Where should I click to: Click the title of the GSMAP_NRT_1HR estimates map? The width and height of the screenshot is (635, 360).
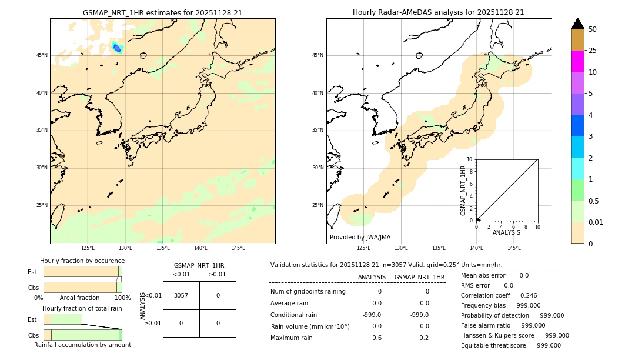(x=162, y=12)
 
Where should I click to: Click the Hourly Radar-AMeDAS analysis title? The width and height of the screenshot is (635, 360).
(x=438, y=12)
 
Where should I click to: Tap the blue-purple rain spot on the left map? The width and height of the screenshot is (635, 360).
(x=117, y=48)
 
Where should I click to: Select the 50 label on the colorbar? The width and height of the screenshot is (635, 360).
(x=593, y=29)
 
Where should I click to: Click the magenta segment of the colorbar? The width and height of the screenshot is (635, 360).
(x=577, y=61)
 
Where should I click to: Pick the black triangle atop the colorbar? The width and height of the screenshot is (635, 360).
(x=577, y=24)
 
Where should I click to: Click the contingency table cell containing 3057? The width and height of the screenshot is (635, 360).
(x=181, y=295)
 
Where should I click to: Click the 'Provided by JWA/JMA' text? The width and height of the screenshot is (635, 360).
(x=360, y=238)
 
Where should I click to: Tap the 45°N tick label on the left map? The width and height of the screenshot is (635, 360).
(x=42, y=55)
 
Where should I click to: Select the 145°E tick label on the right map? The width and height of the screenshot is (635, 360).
(x=514, y=248)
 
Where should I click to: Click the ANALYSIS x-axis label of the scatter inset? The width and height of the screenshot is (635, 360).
(x=506, y=233)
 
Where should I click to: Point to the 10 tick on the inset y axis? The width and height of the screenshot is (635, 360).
(x=469, y=159)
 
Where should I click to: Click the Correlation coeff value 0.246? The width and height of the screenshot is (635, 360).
(x=528, y=296)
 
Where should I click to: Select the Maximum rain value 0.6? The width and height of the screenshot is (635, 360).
(x=376, y=338)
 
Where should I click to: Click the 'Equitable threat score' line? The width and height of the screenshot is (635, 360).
(x=510, y=346)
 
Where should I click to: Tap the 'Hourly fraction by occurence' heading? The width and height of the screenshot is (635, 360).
(x=82, y=261)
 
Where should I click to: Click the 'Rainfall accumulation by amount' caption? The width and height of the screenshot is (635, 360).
(x=82, y=345)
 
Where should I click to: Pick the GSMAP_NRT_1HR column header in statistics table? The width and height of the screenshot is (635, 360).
(x=419, y=277)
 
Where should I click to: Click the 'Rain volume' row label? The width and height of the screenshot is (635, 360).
(x=310, y=326)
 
